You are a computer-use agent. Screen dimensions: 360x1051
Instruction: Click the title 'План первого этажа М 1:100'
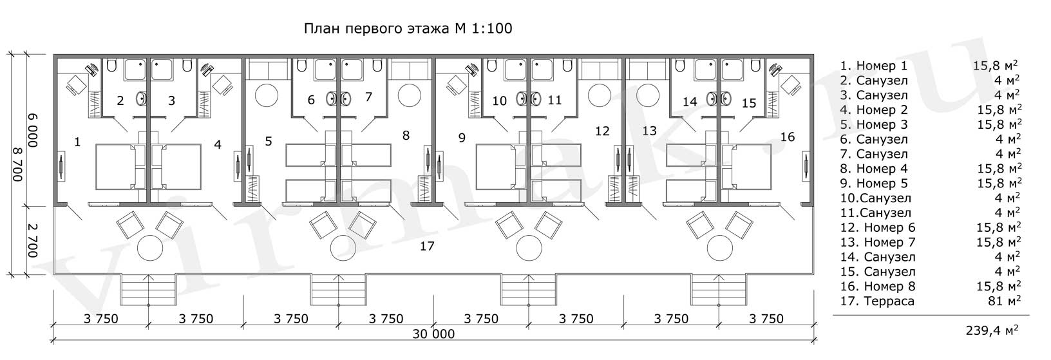coord(408,29)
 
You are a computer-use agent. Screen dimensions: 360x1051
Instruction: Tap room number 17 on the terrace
coord(426,246)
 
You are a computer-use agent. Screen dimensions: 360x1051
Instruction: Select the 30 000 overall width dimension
coord(435,334)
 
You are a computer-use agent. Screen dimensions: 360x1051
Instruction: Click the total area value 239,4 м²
coord(992,331)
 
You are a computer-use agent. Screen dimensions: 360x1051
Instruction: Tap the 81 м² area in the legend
coord(1004,301)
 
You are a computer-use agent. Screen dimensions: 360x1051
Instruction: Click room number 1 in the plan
coord(77,142)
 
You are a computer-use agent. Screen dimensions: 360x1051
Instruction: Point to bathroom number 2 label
coord(120,100)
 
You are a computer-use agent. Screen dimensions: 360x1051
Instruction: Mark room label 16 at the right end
coord(787,137)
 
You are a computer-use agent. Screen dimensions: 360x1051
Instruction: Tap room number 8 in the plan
coord(405,135)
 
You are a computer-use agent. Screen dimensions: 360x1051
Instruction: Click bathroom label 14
coord(689,102)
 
